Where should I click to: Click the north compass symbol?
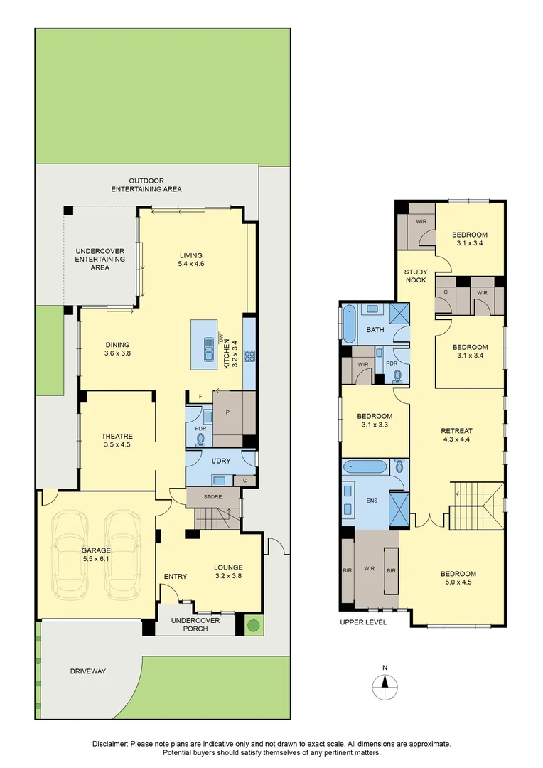[385, 686]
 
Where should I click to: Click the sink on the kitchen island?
[209, 349]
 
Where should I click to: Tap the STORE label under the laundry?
[213, 496]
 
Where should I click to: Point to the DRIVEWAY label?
[87, 671]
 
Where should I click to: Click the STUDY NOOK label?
[416, 276]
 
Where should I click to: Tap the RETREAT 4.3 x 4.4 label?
[456, 434]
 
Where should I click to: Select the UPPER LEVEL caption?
[362, 622]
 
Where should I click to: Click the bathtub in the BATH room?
[349, 325]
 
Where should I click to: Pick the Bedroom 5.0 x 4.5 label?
[458, 577]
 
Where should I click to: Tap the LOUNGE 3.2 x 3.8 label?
[228, 572]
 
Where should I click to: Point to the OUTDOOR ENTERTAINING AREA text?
[146, 185]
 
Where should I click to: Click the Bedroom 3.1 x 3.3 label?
[374, 420]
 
